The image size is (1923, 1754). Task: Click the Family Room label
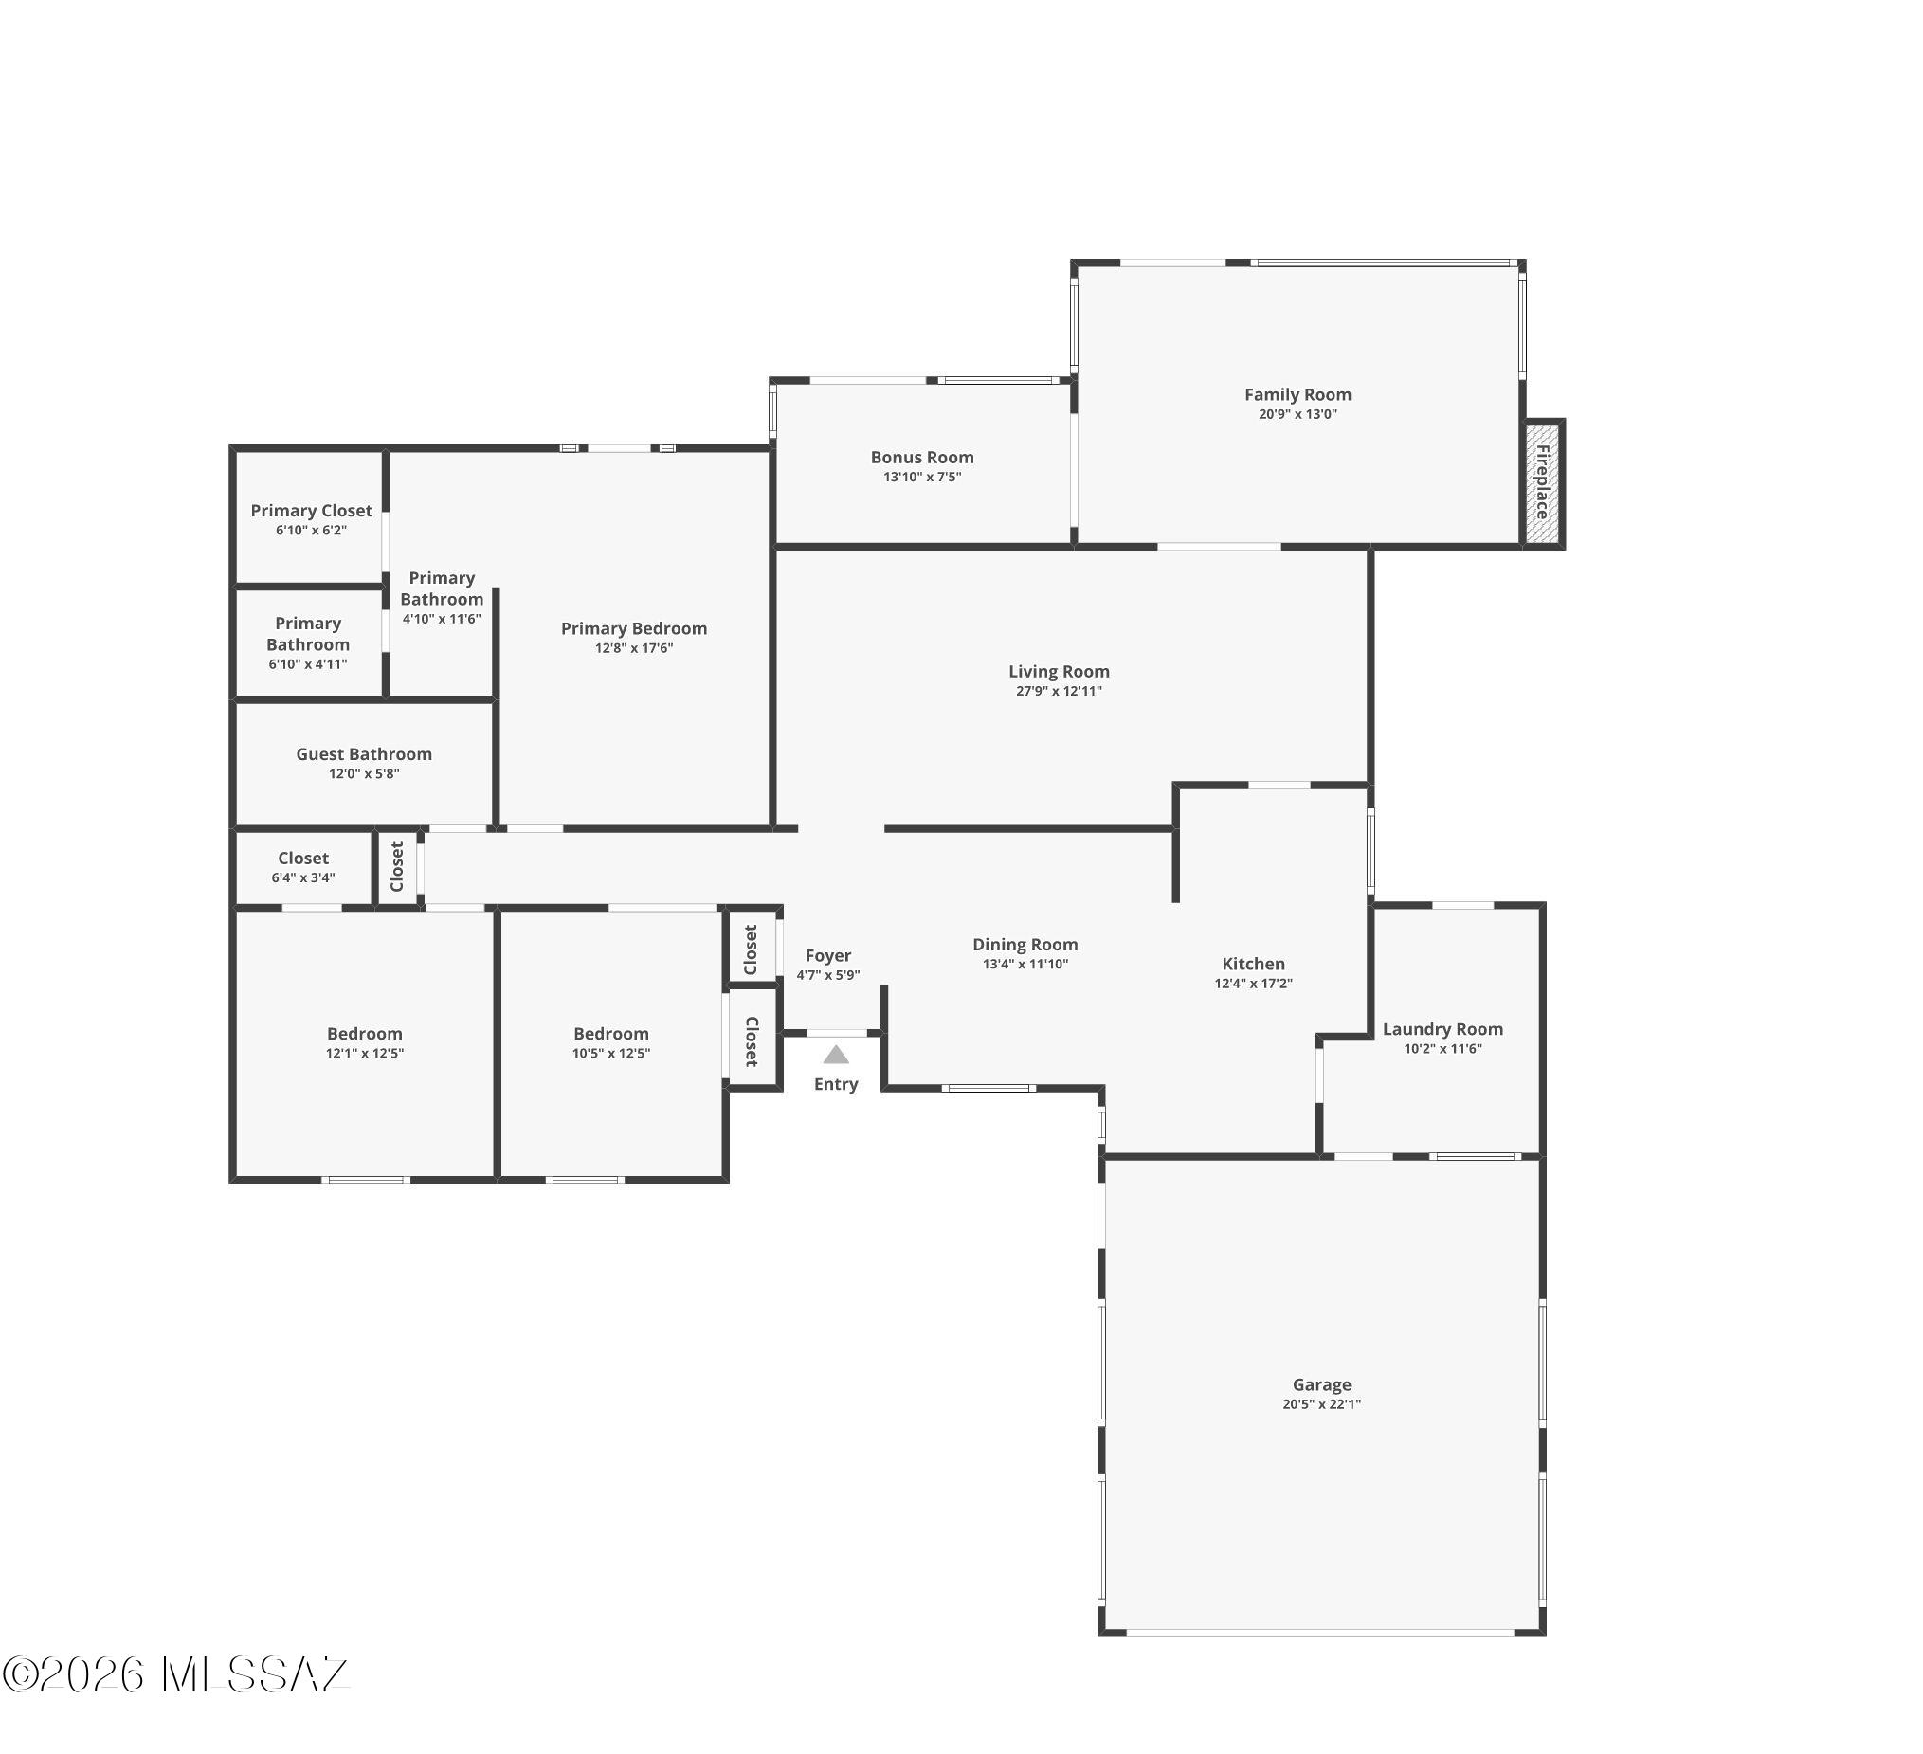[x=1297, y=395]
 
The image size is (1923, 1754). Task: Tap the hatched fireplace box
[x=1541, y=483]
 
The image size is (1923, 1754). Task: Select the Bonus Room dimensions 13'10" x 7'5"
[x=922, y=477]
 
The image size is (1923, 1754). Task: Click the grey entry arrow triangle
[x=837, y=1054]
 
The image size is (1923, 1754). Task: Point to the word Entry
[x=837, y=1084]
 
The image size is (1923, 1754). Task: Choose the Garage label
[x=1322, y=1384]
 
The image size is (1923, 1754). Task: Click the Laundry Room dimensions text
[x=1443, y=1049]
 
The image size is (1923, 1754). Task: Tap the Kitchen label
[x=1253, y=965]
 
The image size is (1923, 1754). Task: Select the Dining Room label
[x=1025, y=945]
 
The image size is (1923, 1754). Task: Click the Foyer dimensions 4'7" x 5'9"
[x=829, y=976]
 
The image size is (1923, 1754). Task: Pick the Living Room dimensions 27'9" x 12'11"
[x=1059, y=692]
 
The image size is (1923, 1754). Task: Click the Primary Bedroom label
[x=634, y=628]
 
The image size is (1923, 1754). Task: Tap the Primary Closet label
[x=312, y=511]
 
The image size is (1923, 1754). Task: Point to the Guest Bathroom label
[x=364, y=754]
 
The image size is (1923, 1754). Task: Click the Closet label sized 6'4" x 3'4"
[x=303, y=859]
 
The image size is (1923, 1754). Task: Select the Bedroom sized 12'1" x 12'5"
[x=364, y=1034]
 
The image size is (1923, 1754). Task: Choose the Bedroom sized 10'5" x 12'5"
[x=611, y=1034]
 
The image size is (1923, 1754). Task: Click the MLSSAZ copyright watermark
[x=175, y=1674]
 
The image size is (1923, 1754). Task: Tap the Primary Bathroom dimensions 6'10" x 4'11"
[x=308, y=665]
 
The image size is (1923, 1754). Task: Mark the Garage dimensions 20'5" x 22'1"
[x=1322, y=1405]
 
